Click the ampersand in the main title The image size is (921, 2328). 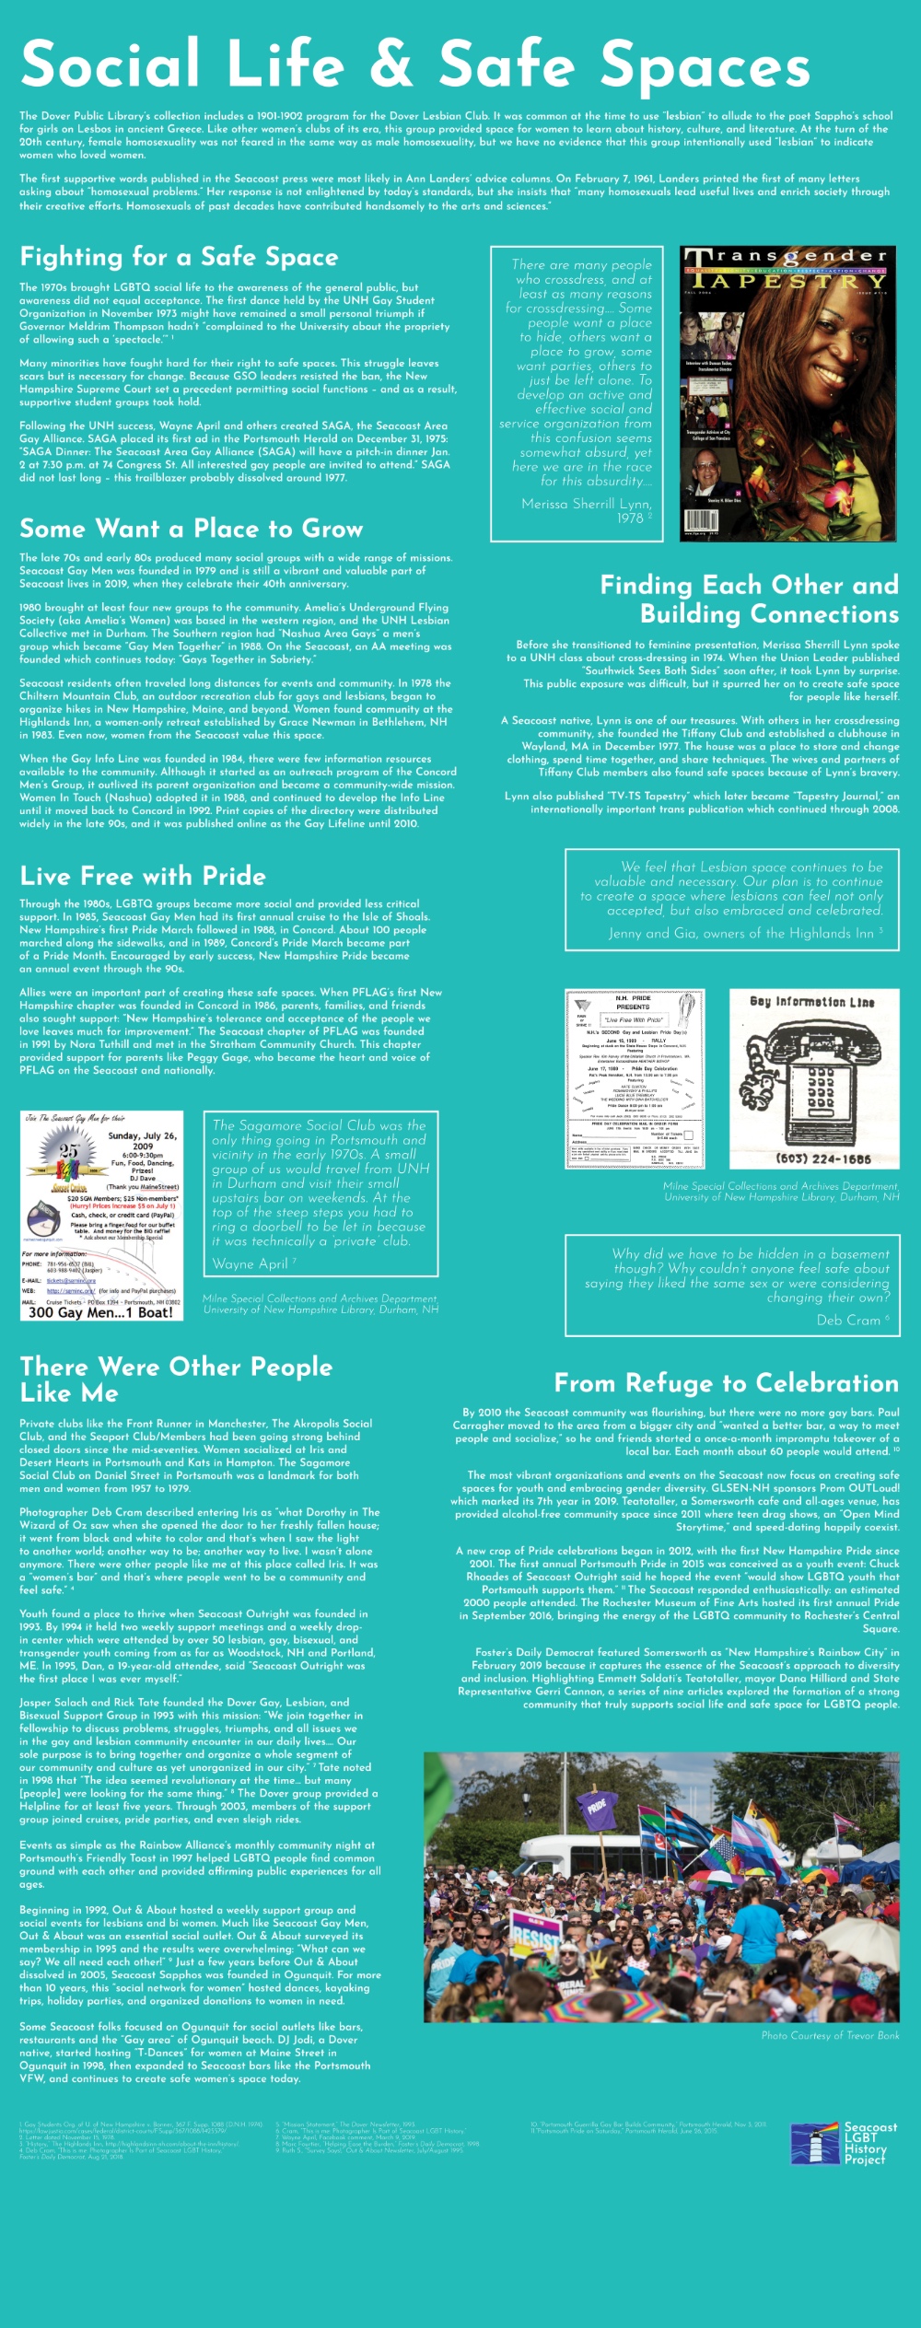point(392,64)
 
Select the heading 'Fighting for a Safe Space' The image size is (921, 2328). point(179,257)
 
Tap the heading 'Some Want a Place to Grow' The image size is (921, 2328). point(192,529)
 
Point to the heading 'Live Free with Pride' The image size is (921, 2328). point(143,876)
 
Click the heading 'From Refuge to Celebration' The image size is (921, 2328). point(726,1383)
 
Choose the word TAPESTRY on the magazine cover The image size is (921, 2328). point(787,281)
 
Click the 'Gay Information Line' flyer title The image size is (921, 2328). point(812,1002)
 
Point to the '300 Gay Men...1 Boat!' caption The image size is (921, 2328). point(100,1312)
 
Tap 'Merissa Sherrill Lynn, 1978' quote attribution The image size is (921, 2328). point(586,510)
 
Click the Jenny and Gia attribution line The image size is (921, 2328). point(742,933)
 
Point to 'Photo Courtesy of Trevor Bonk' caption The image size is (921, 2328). point(830,2035)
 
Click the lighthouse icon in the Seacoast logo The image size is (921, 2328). point(815,2145)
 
